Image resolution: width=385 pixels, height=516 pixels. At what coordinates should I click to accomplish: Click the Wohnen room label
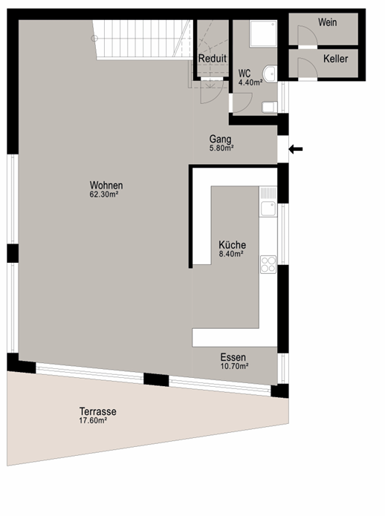(x=106, y=185)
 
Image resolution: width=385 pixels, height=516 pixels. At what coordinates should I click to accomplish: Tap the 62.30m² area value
(x=104, y=195)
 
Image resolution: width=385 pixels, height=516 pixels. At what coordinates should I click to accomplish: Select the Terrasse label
(x=98, y=411)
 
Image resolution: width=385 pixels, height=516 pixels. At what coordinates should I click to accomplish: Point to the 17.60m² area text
(x=93, y=420)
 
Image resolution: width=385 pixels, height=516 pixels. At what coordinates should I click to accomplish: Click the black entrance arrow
(x=296, y=149)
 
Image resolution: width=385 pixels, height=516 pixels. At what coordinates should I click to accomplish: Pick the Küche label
(x=232, y=245)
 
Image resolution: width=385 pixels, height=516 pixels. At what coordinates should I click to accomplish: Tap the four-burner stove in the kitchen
(x=268, y=264)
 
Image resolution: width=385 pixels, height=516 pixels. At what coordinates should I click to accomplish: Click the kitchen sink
(x=268, y=209)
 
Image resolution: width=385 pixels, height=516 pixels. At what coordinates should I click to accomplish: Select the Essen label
(x=233, y=357)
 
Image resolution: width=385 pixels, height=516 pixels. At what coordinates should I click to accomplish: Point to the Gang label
(x=220, y=140)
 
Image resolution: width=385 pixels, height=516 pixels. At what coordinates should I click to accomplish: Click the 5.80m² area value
(x=221, y=148)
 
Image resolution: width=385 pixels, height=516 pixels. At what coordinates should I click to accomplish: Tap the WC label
(x=245, y=74)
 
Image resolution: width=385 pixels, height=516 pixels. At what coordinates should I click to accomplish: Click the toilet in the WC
(x=269, y=107)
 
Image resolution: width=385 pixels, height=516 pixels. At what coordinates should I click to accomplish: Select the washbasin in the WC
(x=270, y=74)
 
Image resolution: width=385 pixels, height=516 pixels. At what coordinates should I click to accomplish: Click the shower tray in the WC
(x=263, y=34)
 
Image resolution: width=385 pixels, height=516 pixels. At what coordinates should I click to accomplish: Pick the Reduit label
(x=213, y=59)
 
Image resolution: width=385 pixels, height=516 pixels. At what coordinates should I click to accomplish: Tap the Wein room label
(x=327, y=22)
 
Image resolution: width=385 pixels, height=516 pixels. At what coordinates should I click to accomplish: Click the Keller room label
(x=336, y=59)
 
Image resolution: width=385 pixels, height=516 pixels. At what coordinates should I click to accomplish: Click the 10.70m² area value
(x=234, y=366)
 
